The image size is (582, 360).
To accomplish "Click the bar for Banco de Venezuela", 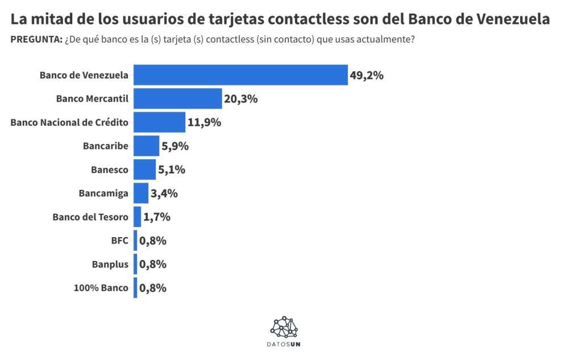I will [x=240, y=75].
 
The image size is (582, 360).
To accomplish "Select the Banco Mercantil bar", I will [x=177, y=99].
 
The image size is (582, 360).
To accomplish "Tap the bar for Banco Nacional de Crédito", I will [x=159, y=122].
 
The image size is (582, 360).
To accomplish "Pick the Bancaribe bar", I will [x=146, y=146].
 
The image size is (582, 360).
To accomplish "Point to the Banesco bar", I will [x=144, y=169].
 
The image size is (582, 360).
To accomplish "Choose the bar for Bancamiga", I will [x=140, y=193].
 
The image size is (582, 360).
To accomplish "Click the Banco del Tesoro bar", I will [x=137, y=217].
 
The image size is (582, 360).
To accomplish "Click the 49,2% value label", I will [x=367, y=75].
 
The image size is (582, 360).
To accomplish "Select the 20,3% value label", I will [x=241, y=99].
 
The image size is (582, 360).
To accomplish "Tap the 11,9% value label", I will [x=205, y=122].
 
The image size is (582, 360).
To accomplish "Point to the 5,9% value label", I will [x=175, y=146].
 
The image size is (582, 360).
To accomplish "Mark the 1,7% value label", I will [x=157, y=217].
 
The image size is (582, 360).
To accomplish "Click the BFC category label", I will [x=120, y=241].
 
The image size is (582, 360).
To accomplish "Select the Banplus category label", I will [x=110, y=264].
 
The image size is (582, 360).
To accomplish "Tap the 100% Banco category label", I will [x=101, y=288].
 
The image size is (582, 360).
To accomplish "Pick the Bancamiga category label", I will [x=103, y=193].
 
